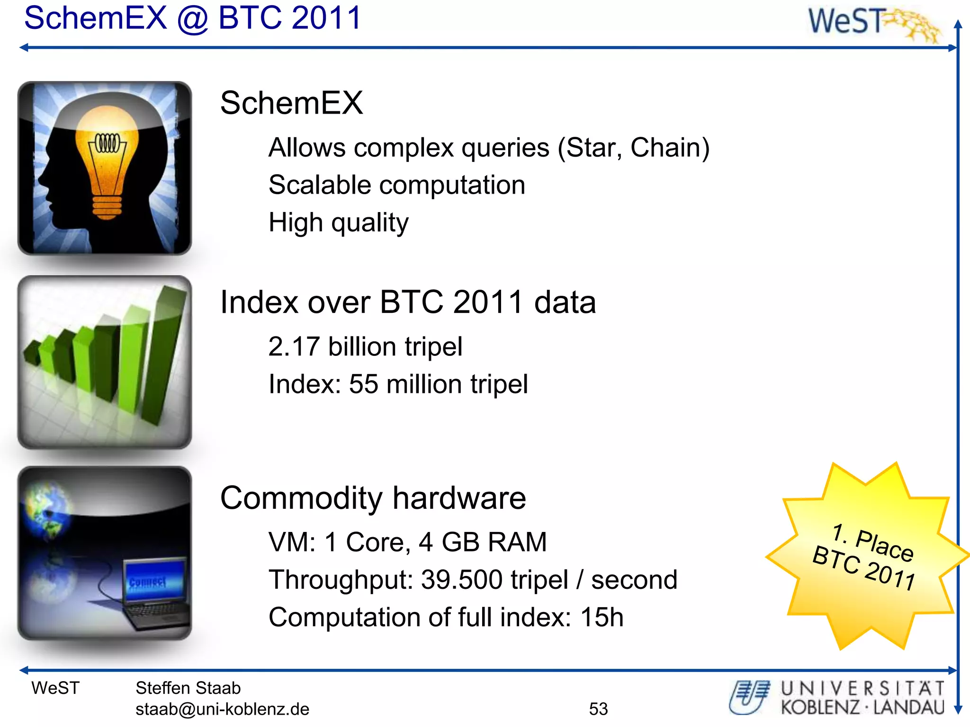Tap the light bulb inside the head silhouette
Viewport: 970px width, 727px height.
coord(107,161)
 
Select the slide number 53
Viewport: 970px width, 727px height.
coord(598,709)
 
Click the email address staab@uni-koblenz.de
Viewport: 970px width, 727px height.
coord(222,709)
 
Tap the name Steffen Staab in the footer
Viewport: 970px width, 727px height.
coord(188,688)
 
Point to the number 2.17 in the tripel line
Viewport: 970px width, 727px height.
coord(294,346)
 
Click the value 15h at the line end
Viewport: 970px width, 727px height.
coord(602,617)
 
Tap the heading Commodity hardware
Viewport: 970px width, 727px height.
coord(373,498)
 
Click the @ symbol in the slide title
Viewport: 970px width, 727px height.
coord(192,19)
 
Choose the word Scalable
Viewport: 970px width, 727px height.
coord(320,185)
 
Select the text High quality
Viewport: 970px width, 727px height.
coord(338,222)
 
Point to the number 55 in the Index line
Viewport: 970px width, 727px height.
coord(363,384)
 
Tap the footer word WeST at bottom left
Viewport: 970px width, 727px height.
coord(55,688)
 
